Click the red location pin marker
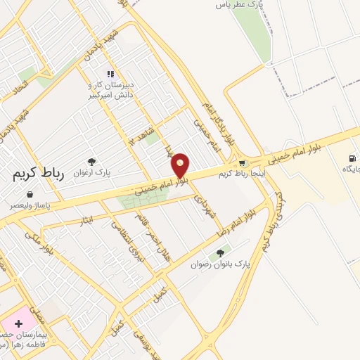pos(181,165)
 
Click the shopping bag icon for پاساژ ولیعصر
pos(29,194)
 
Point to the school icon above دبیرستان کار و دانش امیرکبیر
pos(110,74)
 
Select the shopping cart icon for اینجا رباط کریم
pos(243,163)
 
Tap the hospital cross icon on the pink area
pos(18,323)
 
